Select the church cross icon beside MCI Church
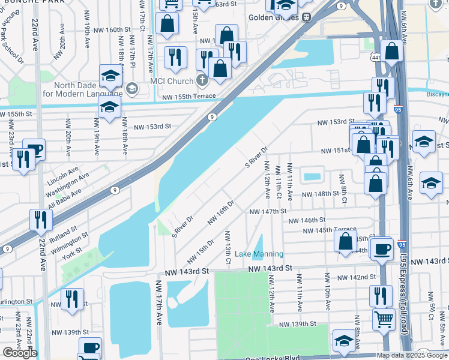click(203, 80)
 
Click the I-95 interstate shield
click(382, 110)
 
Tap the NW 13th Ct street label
click(228, 246)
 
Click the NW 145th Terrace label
click(339, 229)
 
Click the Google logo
click(20, 353)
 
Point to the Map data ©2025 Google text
click(412, 355)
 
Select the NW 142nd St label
click(355, 277)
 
